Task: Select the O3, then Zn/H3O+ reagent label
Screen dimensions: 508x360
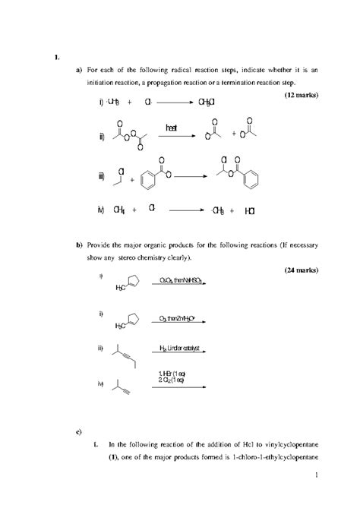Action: point(179,318)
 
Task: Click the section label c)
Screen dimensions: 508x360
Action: point(79,433)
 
